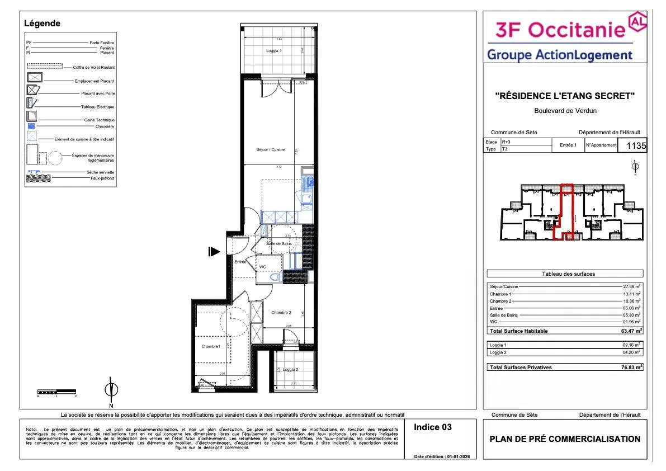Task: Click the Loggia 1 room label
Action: point(274,51)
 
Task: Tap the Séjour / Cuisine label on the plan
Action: point(270,149)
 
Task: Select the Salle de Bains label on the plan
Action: point(278,243)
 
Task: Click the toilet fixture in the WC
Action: point(275,277)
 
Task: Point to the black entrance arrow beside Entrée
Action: point(214,252)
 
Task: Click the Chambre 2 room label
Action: point(281,312)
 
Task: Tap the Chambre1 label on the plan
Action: point(211,347)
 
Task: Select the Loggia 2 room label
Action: point(290,369)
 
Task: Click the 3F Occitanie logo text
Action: point(559,29)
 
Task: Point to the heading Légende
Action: point(42,23)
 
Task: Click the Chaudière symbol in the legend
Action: point(32,126)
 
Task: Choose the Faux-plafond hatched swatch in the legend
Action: point(39,178)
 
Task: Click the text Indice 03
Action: point(432,427)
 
